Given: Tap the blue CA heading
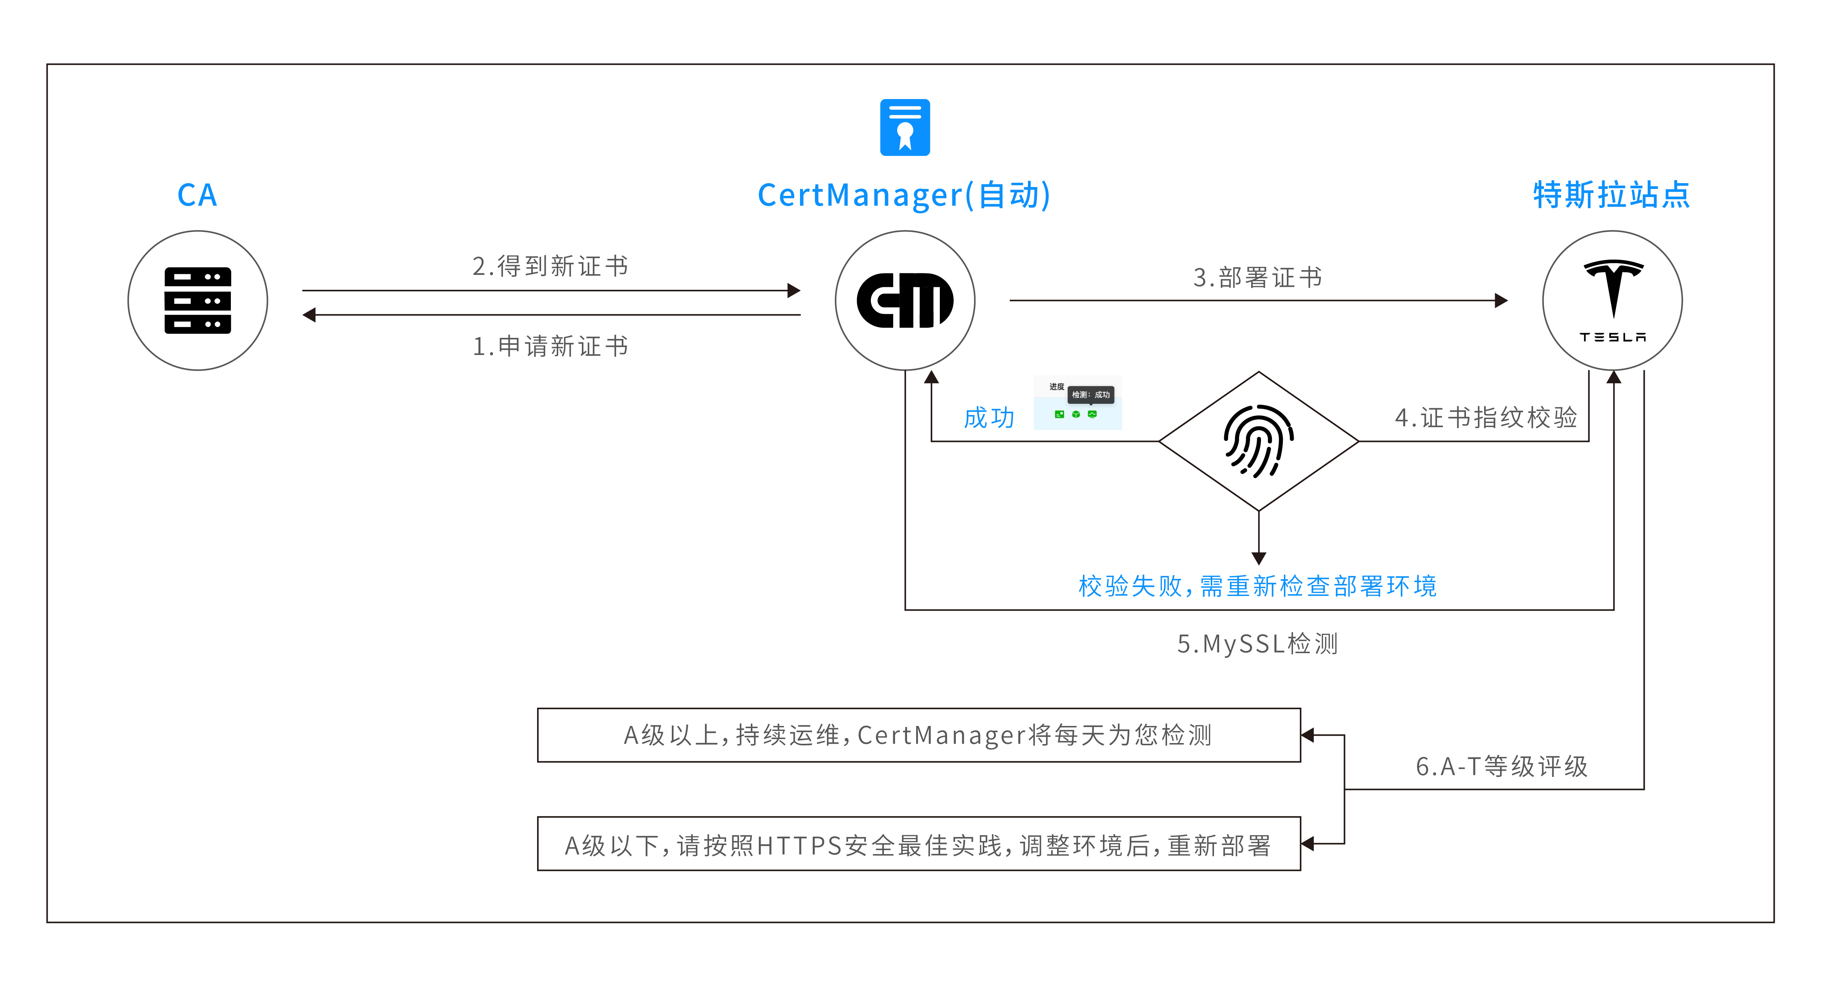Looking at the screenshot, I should coord(197,195).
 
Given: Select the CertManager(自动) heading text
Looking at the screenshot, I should coord(904,195).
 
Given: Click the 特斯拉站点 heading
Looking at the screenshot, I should coord(1611,195).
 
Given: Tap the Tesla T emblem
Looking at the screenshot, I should coord(1613,287).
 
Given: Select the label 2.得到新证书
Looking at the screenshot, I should coord(550,267).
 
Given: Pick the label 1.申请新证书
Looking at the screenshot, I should coord(550,347).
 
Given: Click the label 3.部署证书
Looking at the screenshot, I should coord(1258,277).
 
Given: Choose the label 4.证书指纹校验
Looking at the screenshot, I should coord(1486,417).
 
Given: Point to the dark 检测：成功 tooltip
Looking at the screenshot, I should coord(1091,395).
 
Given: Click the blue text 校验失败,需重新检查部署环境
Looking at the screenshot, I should coord(1258,586).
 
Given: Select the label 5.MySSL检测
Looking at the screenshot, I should coord(1258,644).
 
